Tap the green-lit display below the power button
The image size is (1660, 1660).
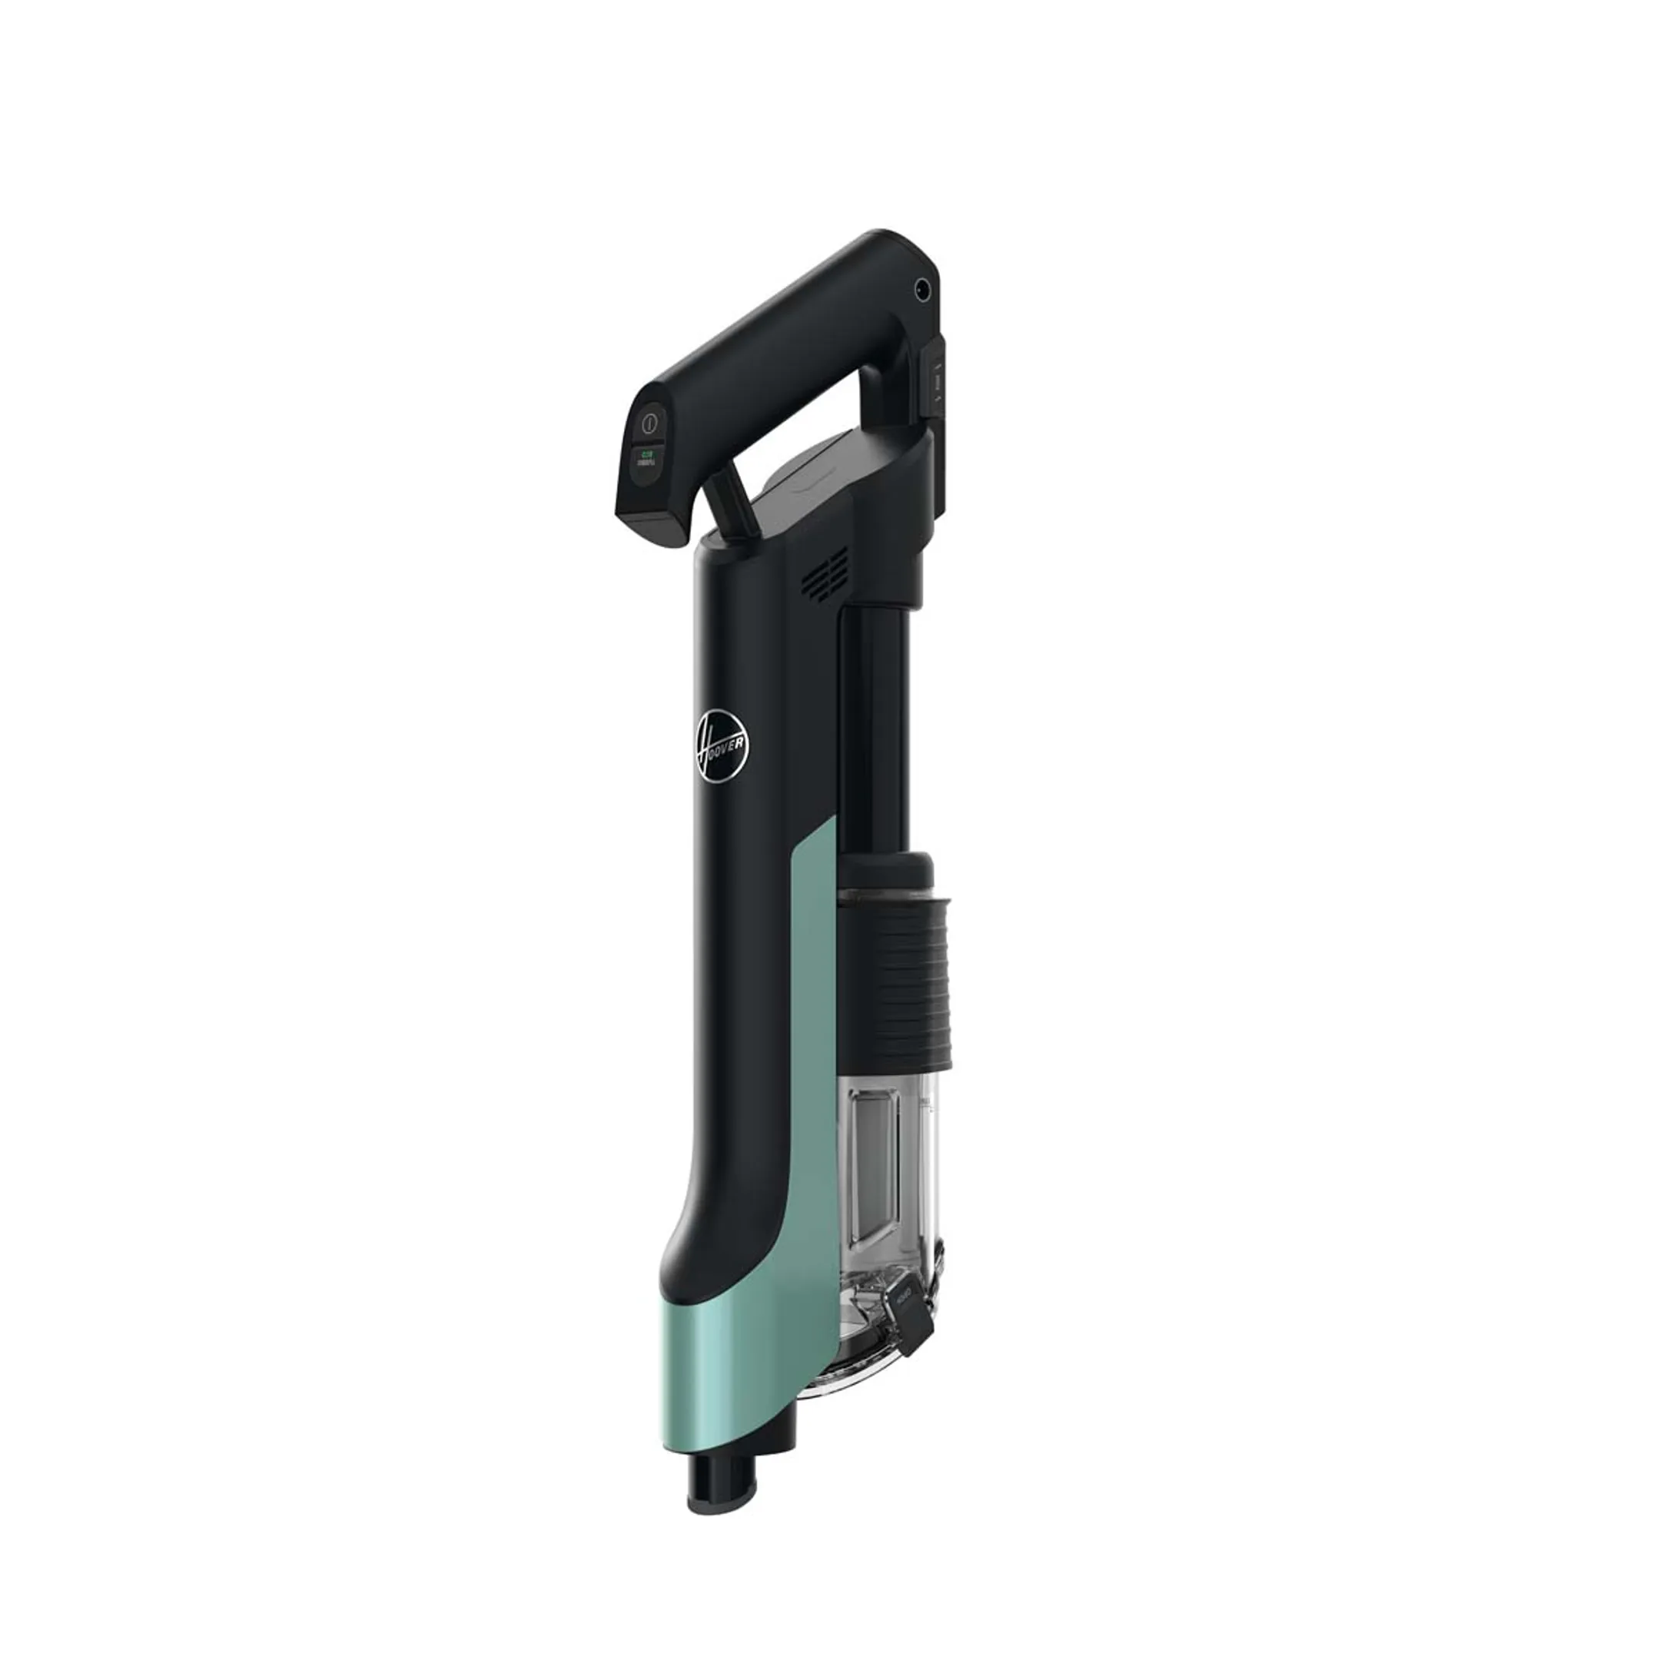(649, 459)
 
